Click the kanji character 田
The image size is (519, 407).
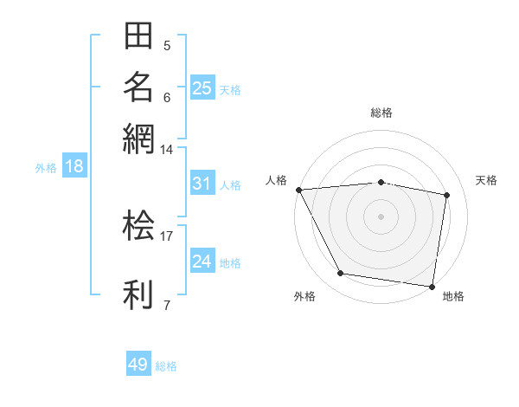139,36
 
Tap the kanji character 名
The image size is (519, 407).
139,87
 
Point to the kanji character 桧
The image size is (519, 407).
139,225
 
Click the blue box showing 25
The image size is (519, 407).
202,87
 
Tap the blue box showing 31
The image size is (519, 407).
202,184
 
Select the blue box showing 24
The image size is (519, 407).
202,262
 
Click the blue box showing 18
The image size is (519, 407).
74,166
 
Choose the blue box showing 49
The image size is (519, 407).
138,365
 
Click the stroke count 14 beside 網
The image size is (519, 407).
167,150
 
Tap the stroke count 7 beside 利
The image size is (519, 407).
167,305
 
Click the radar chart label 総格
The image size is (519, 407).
381,113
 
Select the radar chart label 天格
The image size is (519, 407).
487,180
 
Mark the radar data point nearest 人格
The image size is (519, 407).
298,190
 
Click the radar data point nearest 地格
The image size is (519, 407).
432,286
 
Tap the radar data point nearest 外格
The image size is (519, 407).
340,274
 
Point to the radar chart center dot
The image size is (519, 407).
381,216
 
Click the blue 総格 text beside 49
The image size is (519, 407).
166,366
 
